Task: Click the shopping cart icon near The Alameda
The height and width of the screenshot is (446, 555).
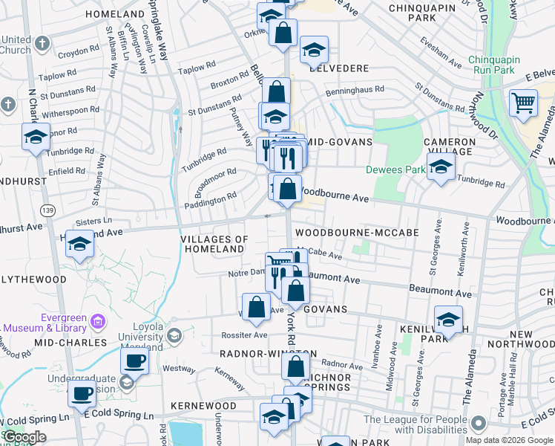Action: [x=523, y=103]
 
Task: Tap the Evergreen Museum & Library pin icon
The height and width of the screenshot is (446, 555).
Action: [x=97, y=322]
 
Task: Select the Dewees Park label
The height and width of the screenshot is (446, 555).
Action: [x=395, y=169]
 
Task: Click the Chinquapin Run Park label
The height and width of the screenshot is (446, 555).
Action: [x=502, y=65]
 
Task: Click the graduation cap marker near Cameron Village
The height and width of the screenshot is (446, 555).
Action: [x=441, y=168]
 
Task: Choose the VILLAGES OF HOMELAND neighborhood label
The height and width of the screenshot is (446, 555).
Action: [x=214, y=244]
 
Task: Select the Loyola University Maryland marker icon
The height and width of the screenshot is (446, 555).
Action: [x=174, y=334]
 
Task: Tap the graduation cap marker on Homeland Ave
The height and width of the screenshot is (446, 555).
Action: [x=79, y=244]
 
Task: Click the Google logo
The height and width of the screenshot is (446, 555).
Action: [x=25, y=437]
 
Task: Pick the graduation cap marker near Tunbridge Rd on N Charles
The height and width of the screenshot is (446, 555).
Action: [x=36, y=137]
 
